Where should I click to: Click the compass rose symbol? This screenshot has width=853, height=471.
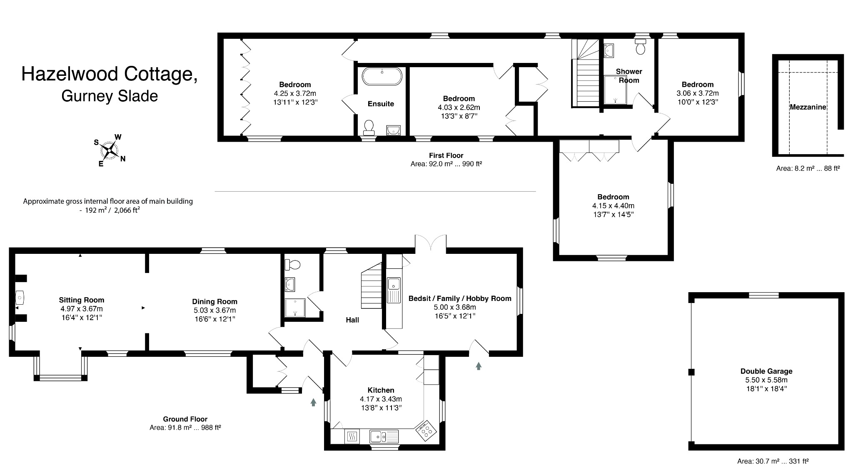(x=110, y=150)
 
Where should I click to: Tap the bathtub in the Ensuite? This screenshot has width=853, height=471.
(x=382, y=77)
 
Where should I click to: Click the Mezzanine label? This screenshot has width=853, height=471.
(x=808, y=107)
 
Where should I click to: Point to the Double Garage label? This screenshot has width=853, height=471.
(x=766, y=371)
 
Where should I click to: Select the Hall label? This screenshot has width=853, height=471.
(x=352, y=320)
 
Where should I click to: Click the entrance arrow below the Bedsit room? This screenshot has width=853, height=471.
(x=479, y=366)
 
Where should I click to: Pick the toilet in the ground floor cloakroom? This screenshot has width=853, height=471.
(x=293, y=264)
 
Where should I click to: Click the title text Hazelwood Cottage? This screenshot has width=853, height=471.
(x=109, y=74)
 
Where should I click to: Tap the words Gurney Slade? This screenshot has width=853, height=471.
(x=110, y=96)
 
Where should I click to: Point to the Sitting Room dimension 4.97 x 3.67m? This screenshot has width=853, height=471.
(x=81, y=309)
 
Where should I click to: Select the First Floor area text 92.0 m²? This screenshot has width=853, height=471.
(x=446, y=164)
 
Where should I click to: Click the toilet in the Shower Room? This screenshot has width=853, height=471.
(x=640, y=47)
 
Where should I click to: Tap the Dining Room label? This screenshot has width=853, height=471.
(x=214, y=301)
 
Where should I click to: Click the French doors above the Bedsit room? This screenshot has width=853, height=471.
(x=431, y=244)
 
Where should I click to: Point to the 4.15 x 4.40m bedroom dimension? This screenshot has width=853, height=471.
(x=613, y=205)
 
